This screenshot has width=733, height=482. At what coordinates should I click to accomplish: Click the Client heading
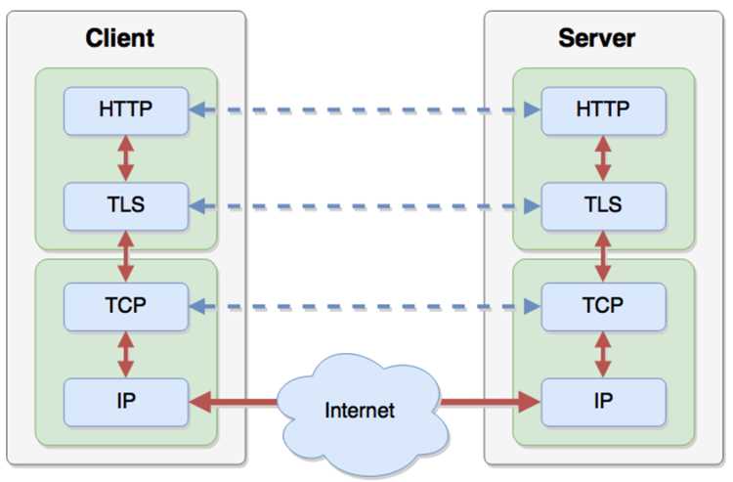[x=119, y=38]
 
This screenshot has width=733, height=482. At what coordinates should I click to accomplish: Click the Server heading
[x=596, y=38]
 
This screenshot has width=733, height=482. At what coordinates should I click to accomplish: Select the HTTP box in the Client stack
[x=126, y=110]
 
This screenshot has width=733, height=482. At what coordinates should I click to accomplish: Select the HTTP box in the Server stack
[x=604, y=110]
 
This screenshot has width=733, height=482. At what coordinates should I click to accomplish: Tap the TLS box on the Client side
[x=126, y=206]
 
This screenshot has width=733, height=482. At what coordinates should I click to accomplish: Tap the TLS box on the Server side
[x=604, y=206]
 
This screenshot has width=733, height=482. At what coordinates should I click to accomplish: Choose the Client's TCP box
[x=126, y=307]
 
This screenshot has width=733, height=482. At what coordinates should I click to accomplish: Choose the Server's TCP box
[x=604, y=307]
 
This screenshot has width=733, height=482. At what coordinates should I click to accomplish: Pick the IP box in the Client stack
[x=126, y=402]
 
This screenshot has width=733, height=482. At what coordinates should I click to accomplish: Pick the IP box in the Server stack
[x=604, y=402]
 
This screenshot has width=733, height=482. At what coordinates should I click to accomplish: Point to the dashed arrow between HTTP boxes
[x=365, y=110]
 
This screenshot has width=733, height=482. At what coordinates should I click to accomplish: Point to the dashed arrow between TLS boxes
[x=365, y=205]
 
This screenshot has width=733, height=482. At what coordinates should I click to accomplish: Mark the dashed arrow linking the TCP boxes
[x=365, y=306]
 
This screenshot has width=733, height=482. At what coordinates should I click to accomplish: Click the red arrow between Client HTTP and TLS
[x=126, y=158]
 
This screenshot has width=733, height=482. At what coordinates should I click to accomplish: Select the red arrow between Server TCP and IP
[x=603, y=354]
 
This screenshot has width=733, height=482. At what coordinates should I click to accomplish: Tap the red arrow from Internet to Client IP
[x=234, y=402]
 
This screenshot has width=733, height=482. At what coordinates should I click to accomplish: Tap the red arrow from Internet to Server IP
[x=491, y=402]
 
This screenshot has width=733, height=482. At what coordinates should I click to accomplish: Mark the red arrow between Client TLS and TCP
[x=126, y=257]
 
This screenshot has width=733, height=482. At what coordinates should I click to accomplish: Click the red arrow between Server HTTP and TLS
[x=603, y=158]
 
